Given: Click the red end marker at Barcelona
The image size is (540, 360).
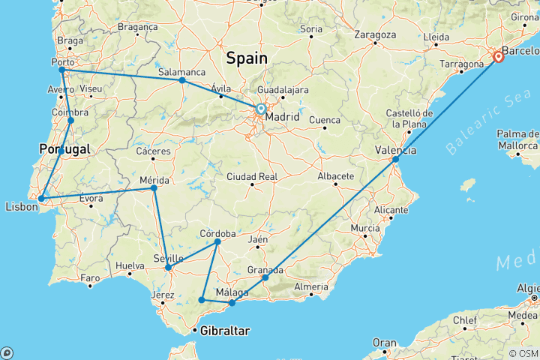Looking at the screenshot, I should [x=498, y=56].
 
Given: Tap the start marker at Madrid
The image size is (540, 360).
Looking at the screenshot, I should [x=260, y=109].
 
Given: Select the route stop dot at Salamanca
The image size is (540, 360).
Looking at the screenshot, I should [x=182, y=80].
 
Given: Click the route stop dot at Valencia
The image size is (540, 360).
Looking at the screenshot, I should [x=395, y=159].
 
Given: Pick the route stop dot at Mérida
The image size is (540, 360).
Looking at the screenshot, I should [x=154, y=187].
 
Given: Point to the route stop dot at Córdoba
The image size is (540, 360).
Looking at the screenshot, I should [x=217, y=241].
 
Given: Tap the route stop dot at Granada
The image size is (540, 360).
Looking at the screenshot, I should [x=265, y=277].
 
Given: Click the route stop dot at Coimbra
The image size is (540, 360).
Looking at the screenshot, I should [x=70, y=120].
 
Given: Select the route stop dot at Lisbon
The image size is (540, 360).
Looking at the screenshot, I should [x=42, y=199].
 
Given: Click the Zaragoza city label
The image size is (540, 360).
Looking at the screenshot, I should [x=375, y=34].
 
